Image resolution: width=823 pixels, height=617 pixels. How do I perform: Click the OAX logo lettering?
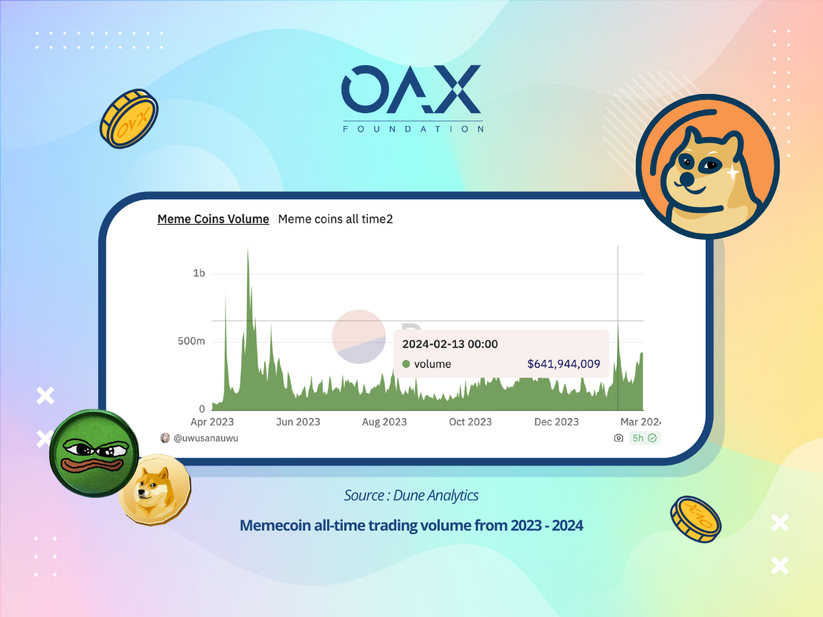pos(411,89)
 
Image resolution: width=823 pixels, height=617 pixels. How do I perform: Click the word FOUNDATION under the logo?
pos(413,130)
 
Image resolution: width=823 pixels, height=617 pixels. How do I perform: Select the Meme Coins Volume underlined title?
pos(213,219)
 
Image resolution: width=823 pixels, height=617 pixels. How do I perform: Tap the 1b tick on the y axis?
pos(199,273)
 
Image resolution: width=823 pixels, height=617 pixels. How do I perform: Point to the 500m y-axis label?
pos(191,341)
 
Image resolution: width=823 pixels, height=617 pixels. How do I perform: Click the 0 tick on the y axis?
pos(202,409)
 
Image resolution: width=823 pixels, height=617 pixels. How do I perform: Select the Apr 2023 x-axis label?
pos(212,422)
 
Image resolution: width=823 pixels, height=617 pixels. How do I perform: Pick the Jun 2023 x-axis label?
pos(298,422)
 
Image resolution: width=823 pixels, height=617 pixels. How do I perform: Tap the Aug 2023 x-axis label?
pos(384,422)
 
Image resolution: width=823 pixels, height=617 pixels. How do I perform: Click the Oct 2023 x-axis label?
pos(470,422)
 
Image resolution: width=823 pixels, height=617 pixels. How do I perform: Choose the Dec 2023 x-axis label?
pos(556,422)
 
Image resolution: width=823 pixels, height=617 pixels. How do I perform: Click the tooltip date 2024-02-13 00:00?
pos(450,344)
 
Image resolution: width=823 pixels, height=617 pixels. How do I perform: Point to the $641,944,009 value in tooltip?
pos(564,364)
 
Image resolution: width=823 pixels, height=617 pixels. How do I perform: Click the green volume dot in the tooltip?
pos(406,364)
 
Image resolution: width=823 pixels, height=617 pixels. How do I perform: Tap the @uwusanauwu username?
pos(206,438)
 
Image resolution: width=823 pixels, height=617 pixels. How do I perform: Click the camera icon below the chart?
pos(619,437)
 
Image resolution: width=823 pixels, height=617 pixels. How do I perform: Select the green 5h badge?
pos(645,438)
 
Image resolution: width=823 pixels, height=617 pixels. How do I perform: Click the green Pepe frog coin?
pos(94,453)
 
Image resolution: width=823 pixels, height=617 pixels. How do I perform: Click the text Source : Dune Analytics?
pos(411,495)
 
